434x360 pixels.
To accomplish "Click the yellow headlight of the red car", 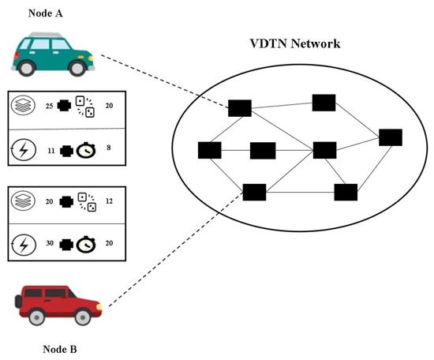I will [98, 306].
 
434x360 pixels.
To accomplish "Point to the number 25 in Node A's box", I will [49, 106].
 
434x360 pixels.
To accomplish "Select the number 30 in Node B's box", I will [49, 246].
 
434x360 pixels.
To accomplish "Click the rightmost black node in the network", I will [391, 137].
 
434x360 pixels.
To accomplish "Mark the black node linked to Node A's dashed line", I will [240, 108].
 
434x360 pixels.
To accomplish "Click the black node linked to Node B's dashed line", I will [254, 191].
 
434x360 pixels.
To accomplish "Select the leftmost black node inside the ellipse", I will [210, 150].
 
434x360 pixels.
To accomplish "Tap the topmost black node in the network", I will [324, 103].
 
